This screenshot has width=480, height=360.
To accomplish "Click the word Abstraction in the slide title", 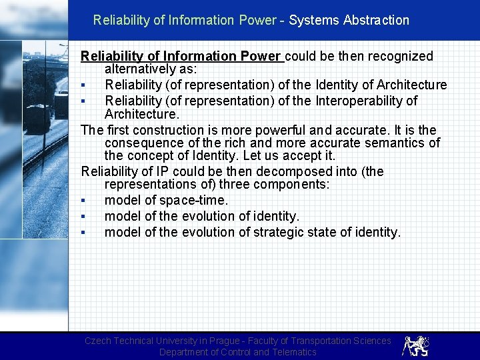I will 376,20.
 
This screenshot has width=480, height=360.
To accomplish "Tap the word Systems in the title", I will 314,20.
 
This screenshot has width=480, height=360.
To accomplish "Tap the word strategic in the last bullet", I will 284,232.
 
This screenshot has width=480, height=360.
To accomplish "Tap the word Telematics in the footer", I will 293,352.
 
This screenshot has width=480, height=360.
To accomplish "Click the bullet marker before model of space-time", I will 83,201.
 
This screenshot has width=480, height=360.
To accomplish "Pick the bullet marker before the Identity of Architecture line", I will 83,85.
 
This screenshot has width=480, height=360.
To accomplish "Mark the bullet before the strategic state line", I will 83,233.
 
